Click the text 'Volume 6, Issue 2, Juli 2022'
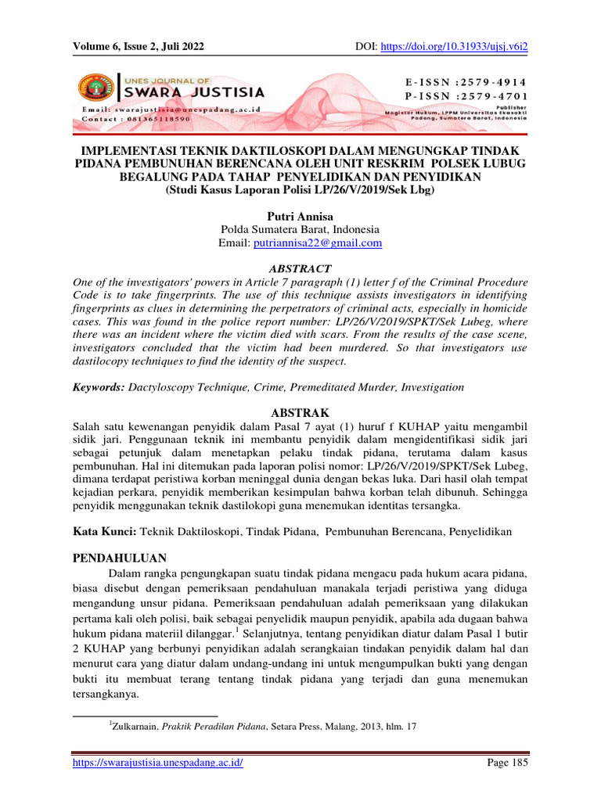[x=139, y=47]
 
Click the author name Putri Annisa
[x=300, y=215]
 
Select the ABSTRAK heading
[x=300, y=411]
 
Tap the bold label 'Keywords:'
[x=99, y=387]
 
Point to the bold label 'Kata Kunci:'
[x=105, y=532]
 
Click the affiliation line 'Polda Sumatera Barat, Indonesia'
[x=300, y=229]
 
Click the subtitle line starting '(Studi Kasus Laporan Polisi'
[x=300, y=189]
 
